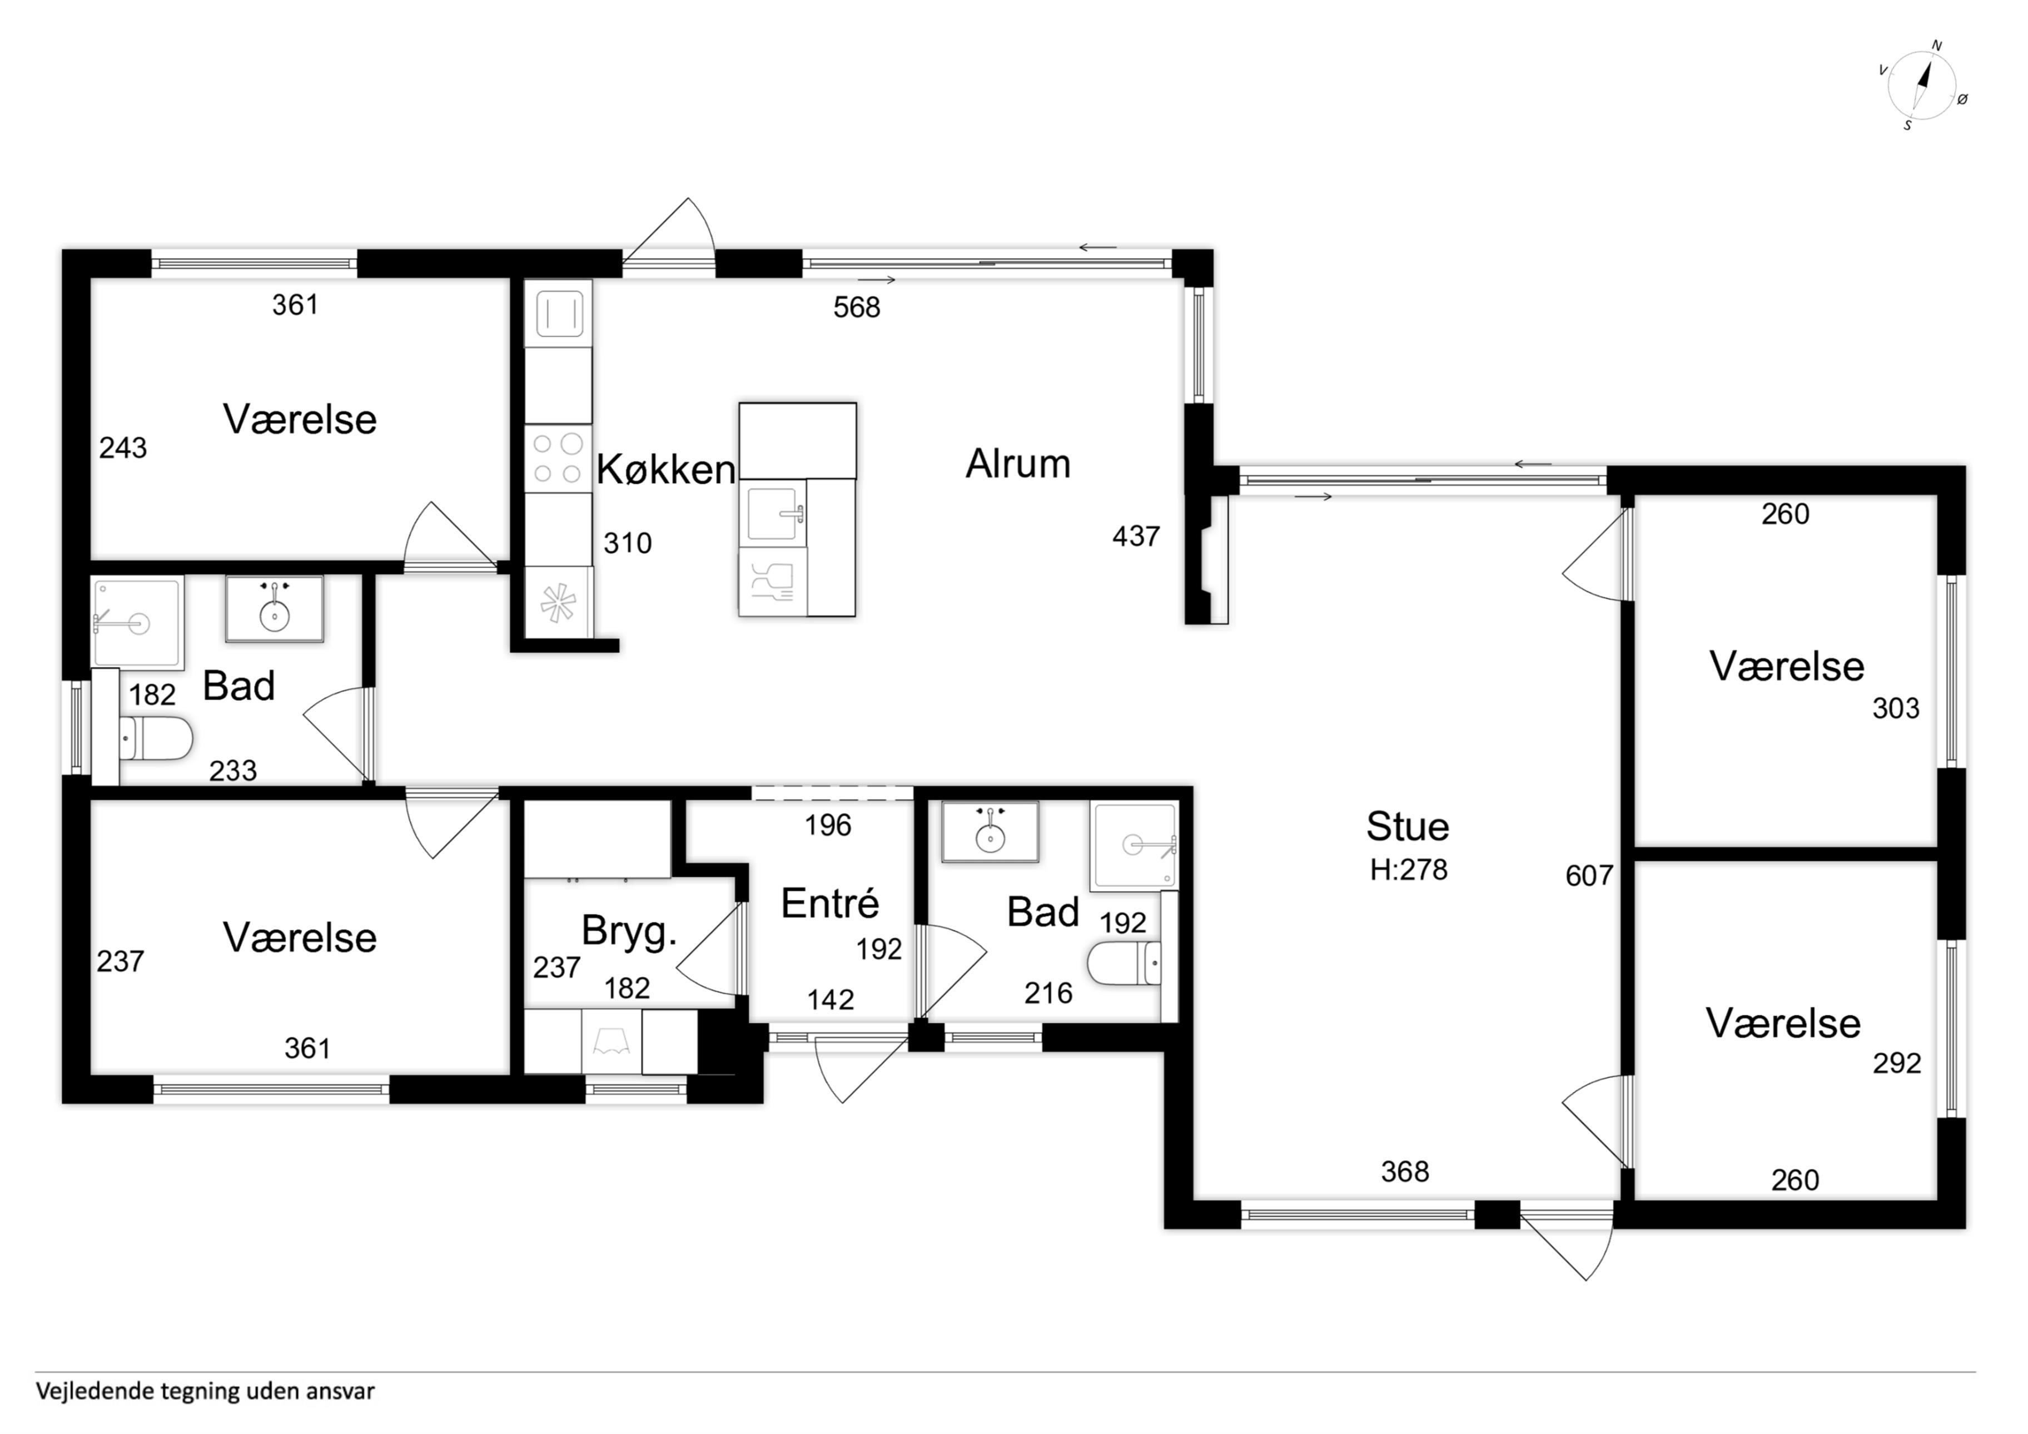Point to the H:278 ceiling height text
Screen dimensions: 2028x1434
[x=1408, y=870]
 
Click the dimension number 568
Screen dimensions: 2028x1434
[x=857, y=307]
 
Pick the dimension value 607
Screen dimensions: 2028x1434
[x=1589, y=876]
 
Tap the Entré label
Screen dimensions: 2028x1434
[x=831, y=903]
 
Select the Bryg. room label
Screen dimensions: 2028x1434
[x=629, y=932]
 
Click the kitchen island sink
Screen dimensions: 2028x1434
[x=774, y=513]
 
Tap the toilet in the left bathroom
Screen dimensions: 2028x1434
[x=156, y=738]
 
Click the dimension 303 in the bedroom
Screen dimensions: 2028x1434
[x=1896, y=708]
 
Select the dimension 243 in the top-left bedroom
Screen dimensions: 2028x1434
[x=123, y=449]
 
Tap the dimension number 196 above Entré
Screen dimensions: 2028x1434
[x=828, y=825]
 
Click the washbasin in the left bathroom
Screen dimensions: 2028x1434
[x=275, y=609]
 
